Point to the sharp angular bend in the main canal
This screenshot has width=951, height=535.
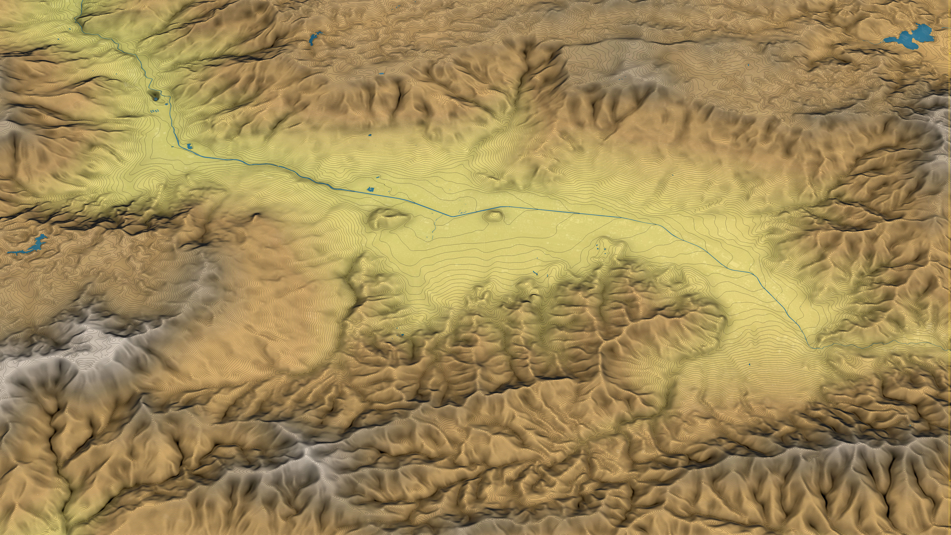click(x=451, y=216)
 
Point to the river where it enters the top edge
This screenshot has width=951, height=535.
click(x=81, y=2)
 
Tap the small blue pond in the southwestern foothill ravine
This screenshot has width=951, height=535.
click(x=402, y=335)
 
